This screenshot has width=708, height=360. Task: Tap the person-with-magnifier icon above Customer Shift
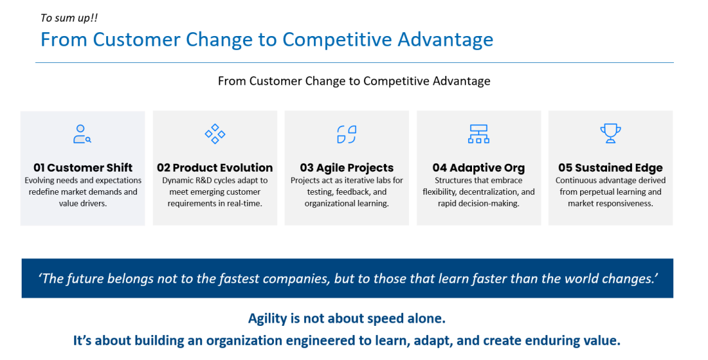pos(82,134)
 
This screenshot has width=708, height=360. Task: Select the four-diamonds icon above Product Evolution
pos(215,134)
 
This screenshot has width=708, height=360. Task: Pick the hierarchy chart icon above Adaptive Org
pos(479,134)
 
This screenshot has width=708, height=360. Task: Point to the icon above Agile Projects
pos(347,134)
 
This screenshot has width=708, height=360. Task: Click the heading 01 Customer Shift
pos(83,168)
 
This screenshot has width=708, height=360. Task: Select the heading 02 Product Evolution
pos(215,168)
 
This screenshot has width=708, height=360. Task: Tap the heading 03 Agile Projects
pos(347,168)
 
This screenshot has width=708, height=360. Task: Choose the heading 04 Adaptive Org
pos(479,168)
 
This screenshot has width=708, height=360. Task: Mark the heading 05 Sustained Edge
pos(610,168)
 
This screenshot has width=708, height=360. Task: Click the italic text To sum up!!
pos(69,18)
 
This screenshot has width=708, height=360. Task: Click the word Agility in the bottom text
pos(267,319)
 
